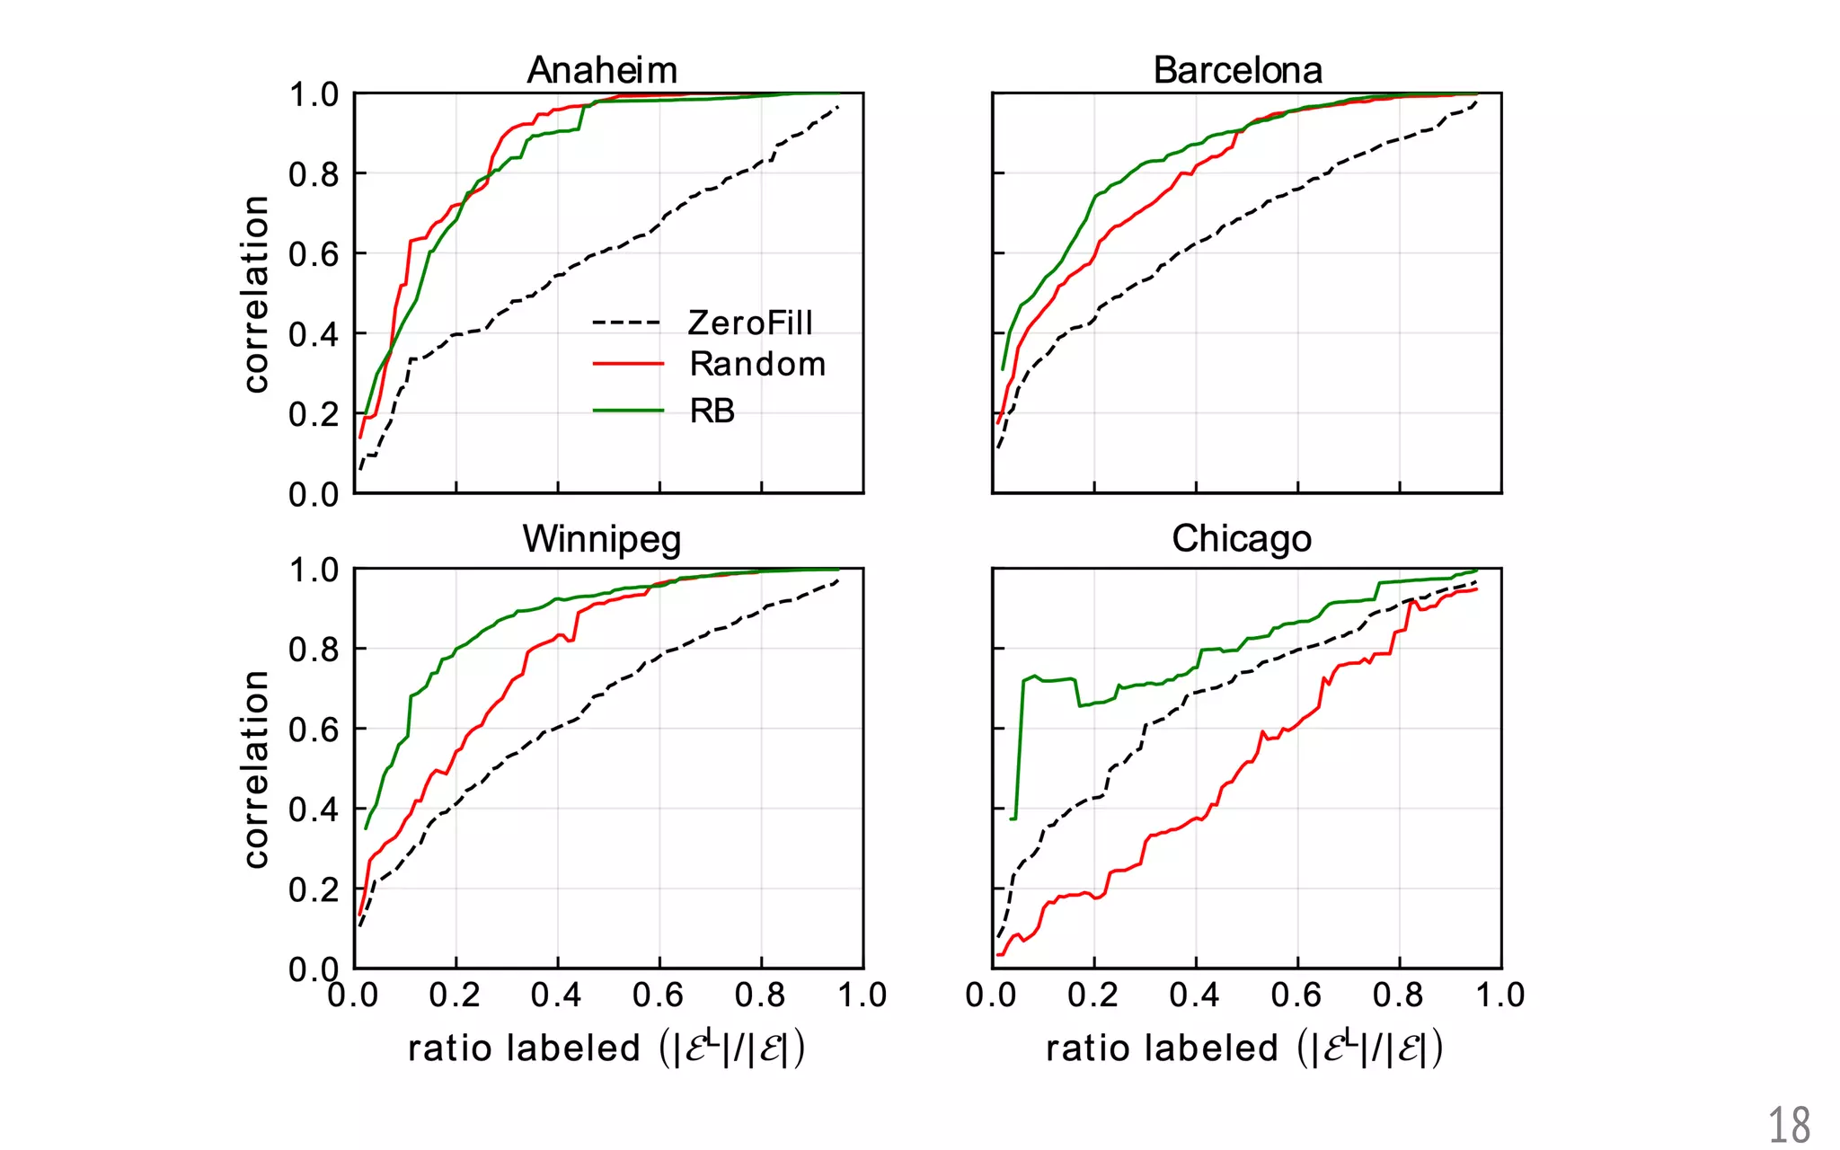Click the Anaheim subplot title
tap(602, 70)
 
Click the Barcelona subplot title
tap(1237, 70)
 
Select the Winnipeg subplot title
tap(602, 539)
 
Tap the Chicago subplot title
tap(1242, 539)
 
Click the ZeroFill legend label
tap(750, 323)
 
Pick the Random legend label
tap(757, 364)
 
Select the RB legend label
tap(712, 411)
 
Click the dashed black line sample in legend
tap(627, 323)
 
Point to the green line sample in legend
tap(627, 411)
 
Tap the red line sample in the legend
tap(627, 364)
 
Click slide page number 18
tap(1788, 1126)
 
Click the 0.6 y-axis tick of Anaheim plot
tap(314, 254)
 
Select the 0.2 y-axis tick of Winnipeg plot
tap(314, 889)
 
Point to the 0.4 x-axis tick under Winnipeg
tap(556, 995)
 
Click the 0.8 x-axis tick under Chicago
tap(1398, 995)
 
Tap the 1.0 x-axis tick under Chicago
tap(1499, 995)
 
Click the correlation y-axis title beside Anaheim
tap(256, 294)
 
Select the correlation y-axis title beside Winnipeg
tap(256, 769)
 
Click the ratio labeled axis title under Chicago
tap(1244, 1048)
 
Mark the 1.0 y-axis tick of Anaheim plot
tap(314, 94)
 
